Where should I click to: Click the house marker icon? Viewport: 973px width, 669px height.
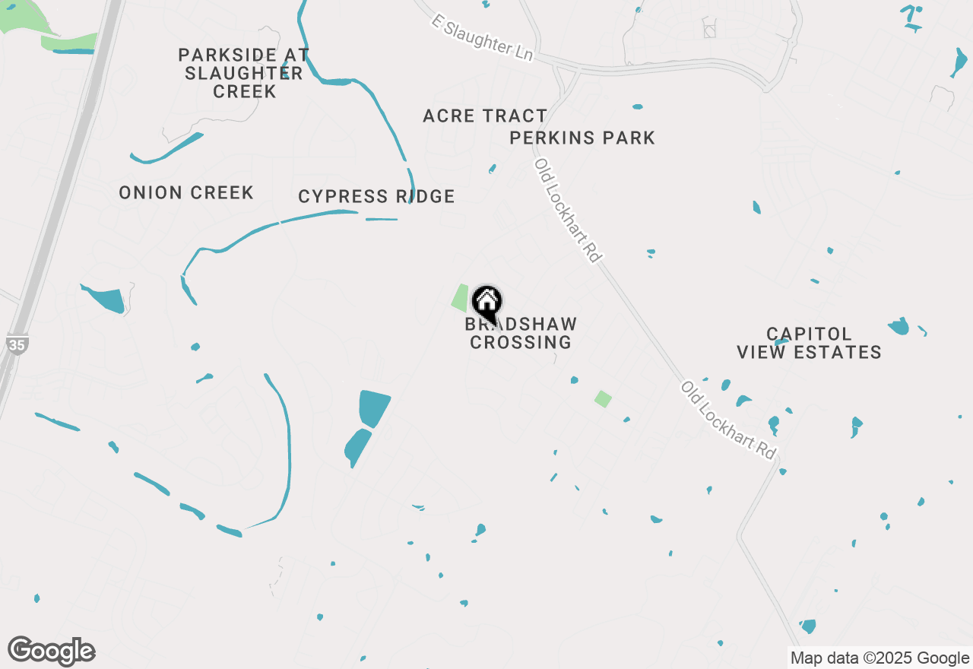click(x=486, y=303)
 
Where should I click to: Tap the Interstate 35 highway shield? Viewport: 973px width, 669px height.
click(x=17, y=344)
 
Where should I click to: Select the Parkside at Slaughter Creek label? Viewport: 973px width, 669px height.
click(x=243, y=73)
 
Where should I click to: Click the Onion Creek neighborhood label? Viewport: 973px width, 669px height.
click(x=186, y=193)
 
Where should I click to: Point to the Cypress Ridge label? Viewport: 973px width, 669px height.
click(x=376, y=197)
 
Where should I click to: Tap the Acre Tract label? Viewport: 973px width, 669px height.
click(x=485, y=116)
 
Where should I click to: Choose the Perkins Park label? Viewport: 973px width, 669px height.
click(x=582, y=138)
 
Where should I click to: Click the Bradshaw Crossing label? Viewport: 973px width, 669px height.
click(x=521, y=334)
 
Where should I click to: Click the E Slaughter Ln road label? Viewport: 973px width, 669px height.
click(x=482, y=37)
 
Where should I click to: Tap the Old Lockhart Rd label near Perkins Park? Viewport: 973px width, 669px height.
click(x=568, y=211)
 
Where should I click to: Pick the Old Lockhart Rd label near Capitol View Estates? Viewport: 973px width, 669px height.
click(x=729, y=420)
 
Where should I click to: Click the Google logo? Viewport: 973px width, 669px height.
click(x=52, y=652)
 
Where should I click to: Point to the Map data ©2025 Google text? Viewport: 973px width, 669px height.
click(x=880, y=658)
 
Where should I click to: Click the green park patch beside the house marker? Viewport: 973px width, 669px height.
click(x=460, y=297)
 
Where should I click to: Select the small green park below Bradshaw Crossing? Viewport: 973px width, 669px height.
click(x=604, y=399)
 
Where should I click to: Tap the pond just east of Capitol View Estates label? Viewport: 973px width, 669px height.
click(x=899, y=327)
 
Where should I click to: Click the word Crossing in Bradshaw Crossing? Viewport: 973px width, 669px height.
click(x=521, y=343)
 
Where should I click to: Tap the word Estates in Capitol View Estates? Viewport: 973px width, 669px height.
click(x=845, y=353)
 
